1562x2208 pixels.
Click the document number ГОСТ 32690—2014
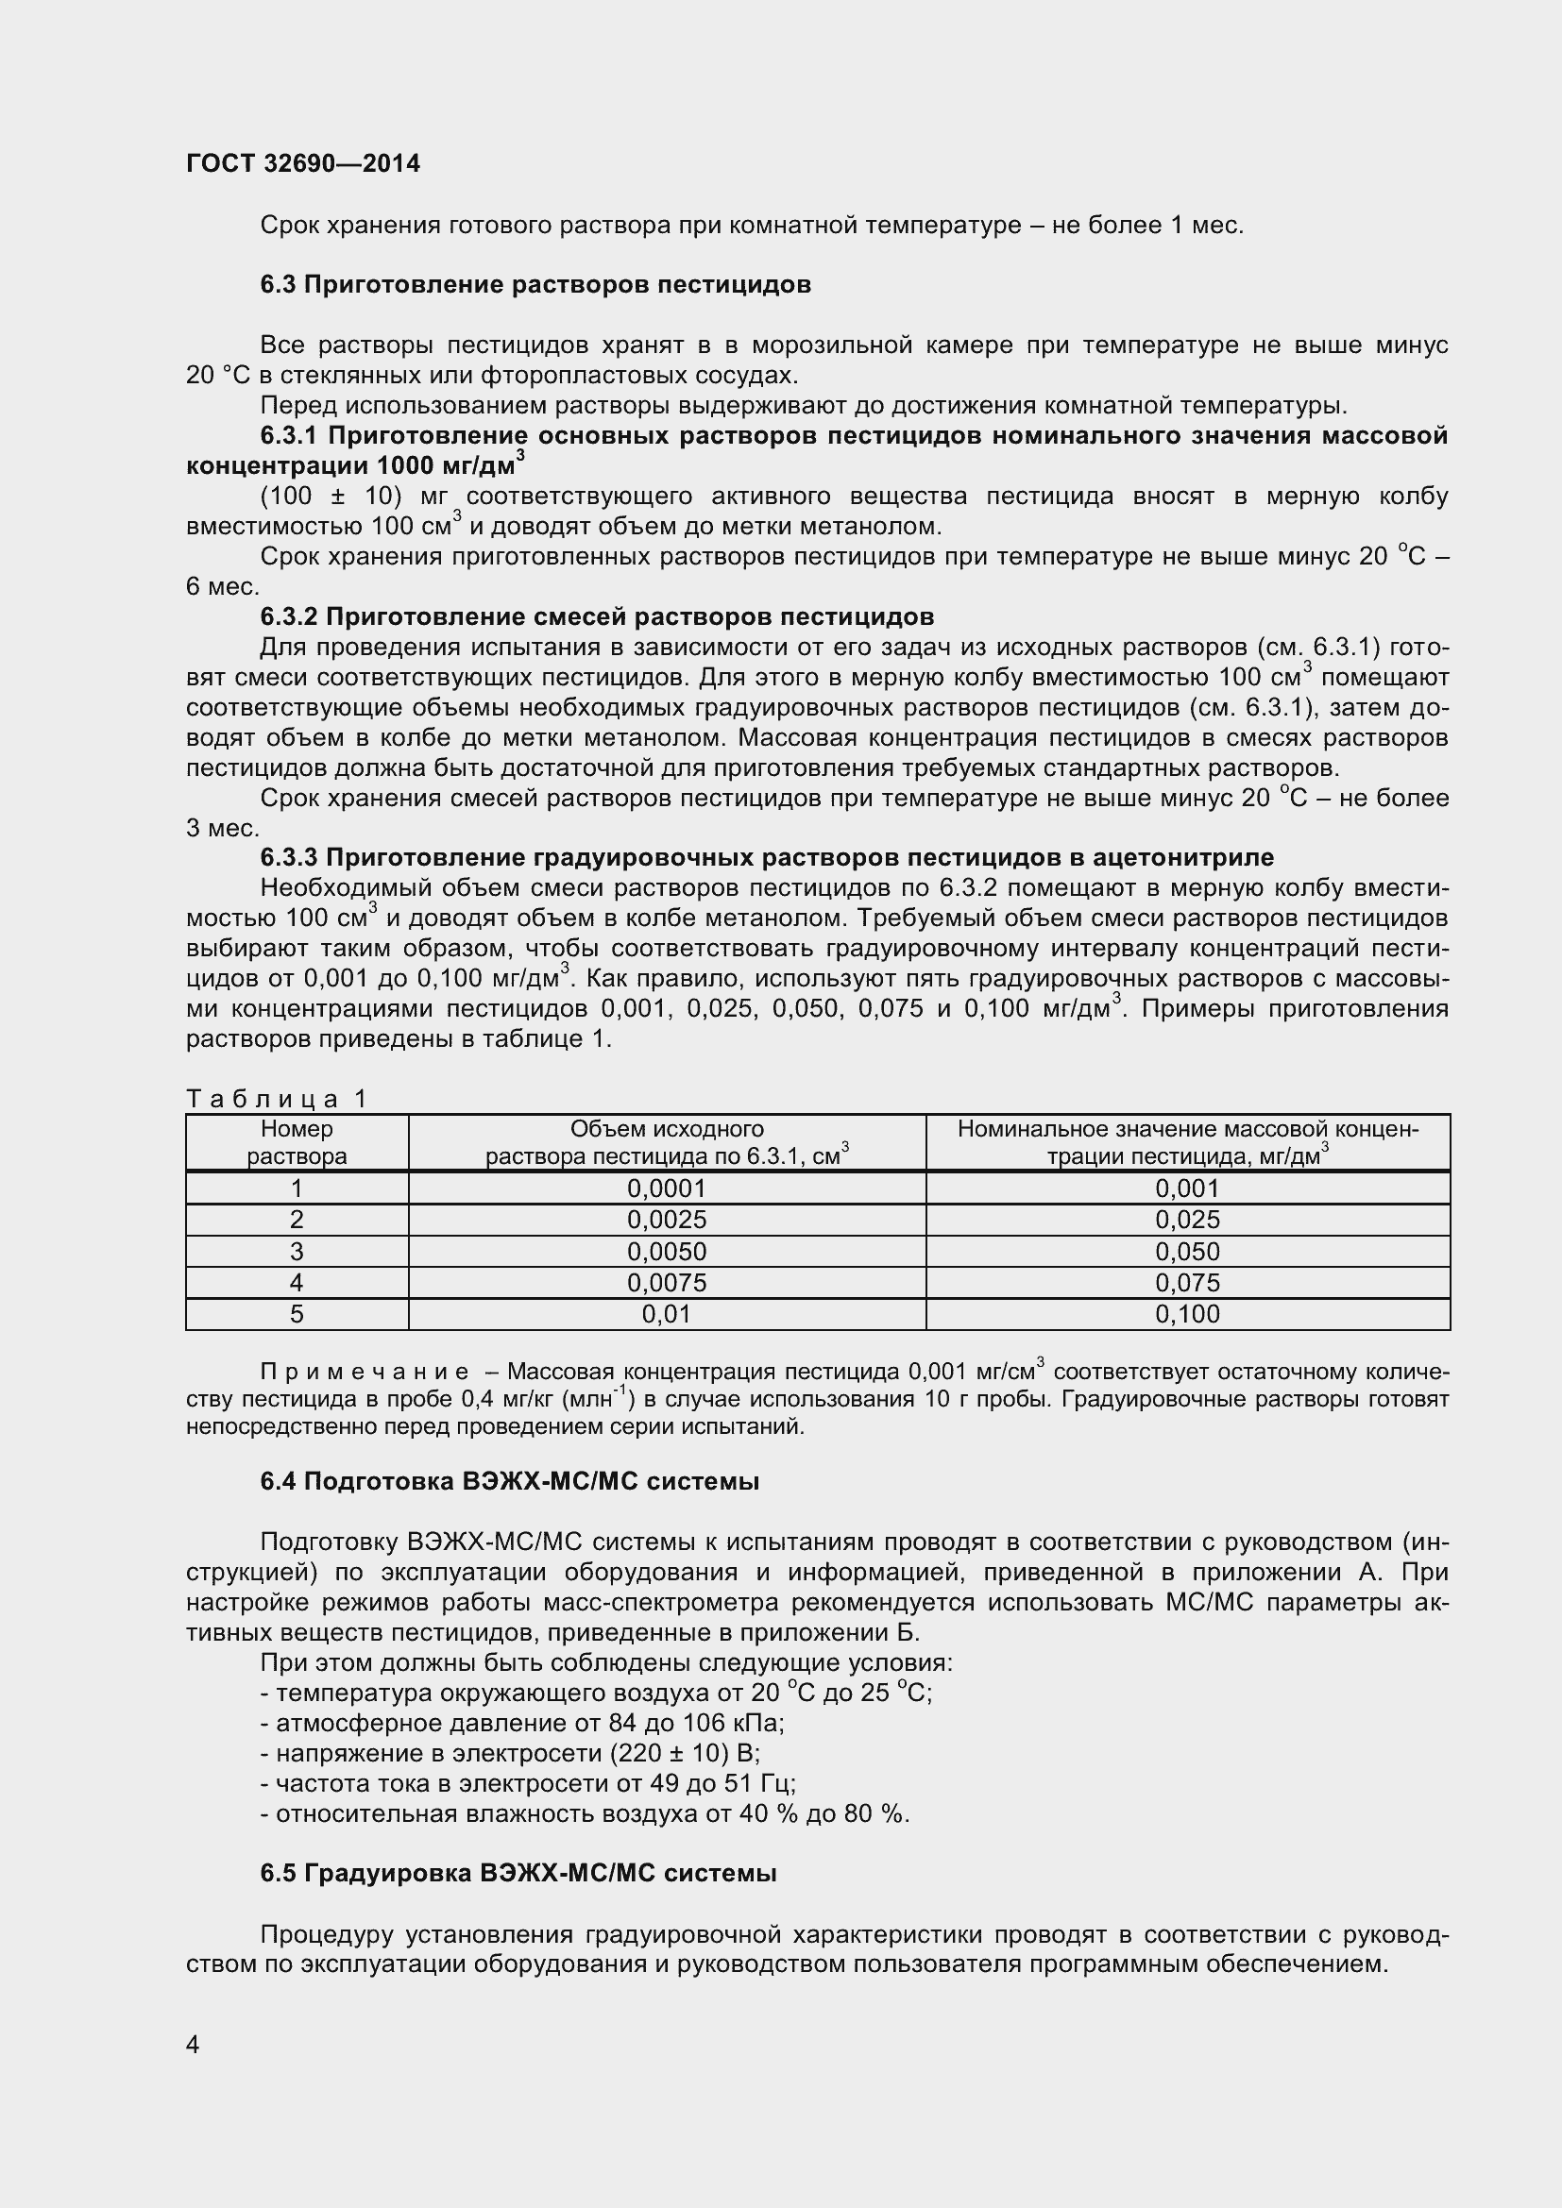click(303, 163)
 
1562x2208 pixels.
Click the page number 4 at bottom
click(193, 2045)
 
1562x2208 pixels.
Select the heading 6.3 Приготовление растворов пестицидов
click(535, 285)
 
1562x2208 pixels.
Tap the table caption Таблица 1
click(277, 1098)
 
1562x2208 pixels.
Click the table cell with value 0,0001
click(667, 1188)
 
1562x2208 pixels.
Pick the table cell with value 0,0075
click(667, 1283)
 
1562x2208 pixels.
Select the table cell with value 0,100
click(1187, 1315)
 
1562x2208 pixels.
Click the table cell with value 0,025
click(1187, 1221)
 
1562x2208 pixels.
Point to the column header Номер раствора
click(297, 1142)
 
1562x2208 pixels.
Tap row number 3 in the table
click(297, 1251)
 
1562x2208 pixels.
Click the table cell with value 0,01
click(667, 1315)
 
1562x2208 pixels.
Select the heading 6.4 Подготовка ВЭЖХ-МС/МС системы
click(509, 1482)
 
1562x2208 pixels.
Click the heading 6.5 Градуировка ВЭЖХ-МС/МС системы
click(518, 1873)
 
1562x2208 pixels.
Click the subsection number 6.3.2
click(288, 616)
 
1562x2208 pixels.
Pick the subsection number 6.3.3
click(288, 858)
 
